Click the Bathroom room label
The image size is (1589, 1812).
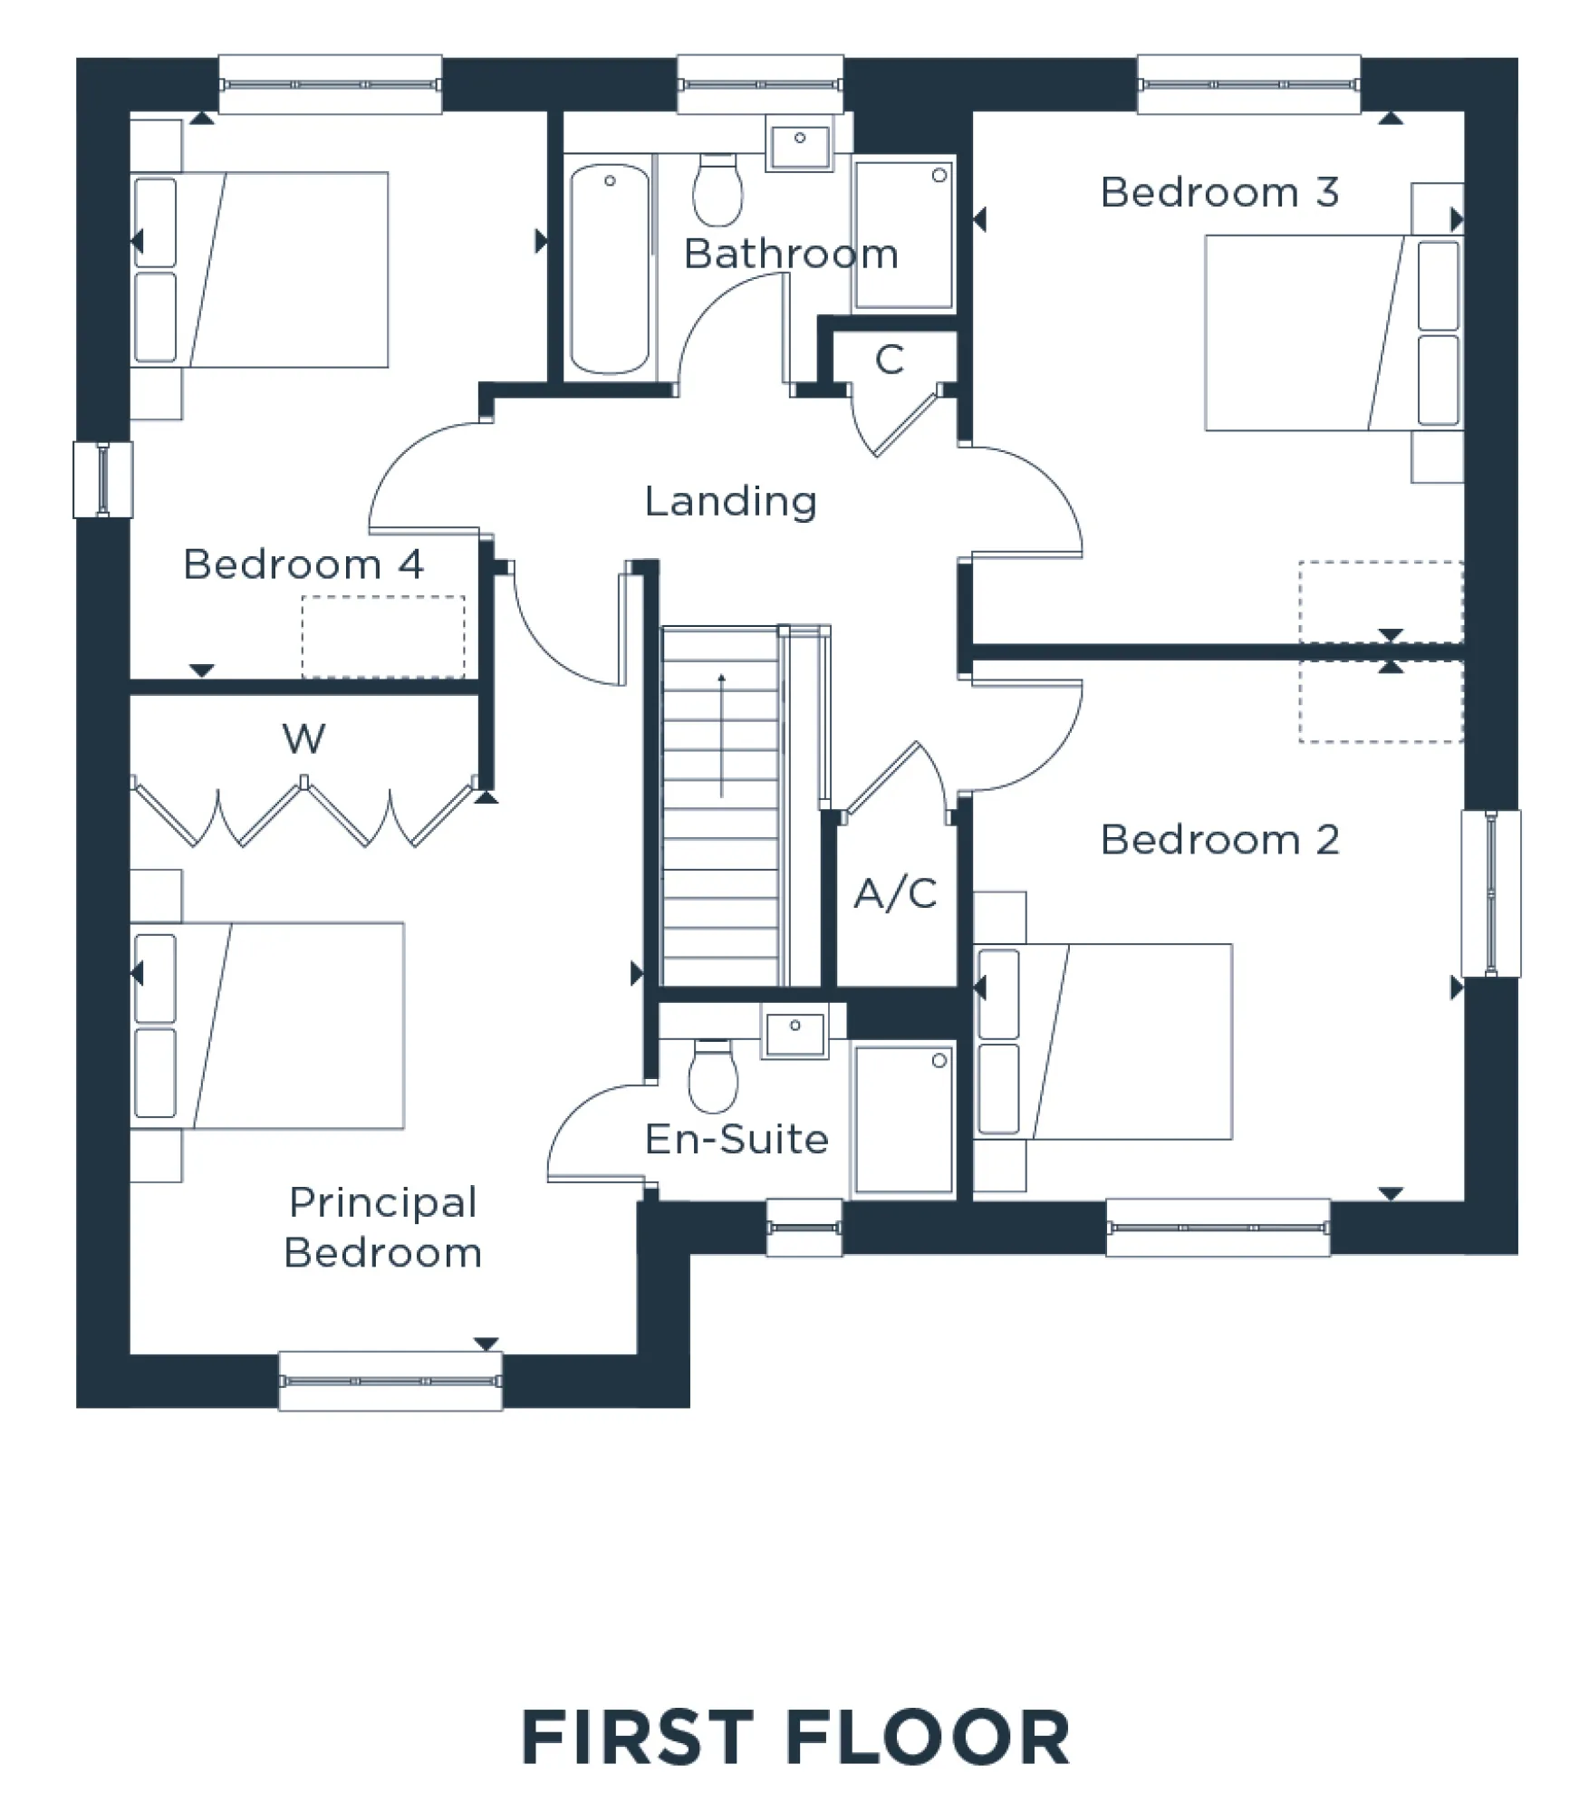pos(790,254)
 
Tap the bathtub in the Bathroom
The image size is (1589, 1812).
pos(610,270)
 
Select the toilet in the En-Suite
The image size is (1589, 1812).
pos(713,1075)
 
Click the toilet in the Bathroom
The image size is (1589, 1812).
pos(717,190)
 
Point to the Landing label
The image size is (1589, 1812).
pos(730,501)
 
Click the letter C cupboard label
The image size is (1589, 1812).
pos(890,360)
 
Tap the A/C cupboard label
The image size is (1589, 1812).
pos(895,894)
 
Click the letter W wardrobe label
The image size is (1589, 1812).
pos(303,738)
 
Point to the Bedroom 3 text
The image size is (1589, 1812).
pos(1219,192)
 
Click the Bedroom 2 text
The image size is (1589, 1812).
pos(1219,840)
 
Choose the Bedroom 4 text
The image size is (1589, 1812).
pos(303,564)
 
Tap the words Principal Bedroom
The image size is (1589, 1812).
pos(382,1228)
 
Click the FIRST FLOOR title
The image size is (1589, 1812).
pos(794,1738)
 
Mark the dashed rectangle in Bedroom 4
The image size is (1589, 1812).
pos(383,636)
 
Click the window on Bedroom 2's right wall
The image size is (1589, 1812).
pos(1490,893)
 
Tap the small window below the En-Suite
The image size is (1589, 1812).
pos(804,1229)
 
